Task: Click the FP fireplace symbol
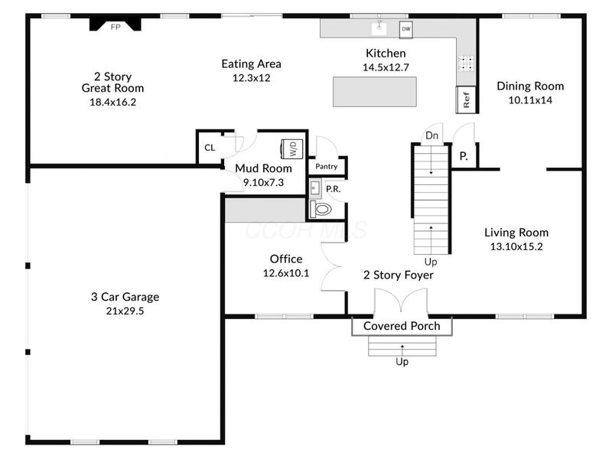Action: pyautogui.click(x=116, y=24)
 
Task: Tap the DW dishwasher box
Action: pyautogui.click(x=406, y=29)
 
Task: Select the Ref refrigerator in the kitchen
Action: pyautogui.click(x=466, y=99)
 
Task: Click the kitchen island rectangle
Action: pyautogui.click(x=375, y=92)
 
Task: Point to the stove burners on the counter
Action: pyautogui.click(x=467, y=63)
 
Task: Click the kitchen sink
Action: pyautogui.click(x=379, y=28)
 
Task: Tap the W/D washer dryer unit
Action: pyautogui.click(x=292, y=148)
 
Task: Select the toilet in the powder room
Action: pyautogui.click(x=321, y=210)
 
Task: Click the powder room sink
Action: pyautogui.click(x=315, y=188)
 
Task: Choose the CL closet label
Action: pyautogui.click(x=210, y=148)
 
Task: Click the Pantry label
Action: pyautogui.click(x=327, y=166)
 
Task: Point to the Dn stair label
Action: pyautogui.click(x=431, y=135)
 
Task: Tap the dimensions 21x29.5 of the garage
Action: pyautogui.click(x=125, y=311)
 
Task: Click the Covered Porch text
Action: pyautogui.click(x=402, y=326)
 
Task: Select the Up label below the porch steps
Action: pyautogui.click(x=402, y=362)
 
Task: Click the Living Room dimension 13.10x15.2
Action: pyautogui.click(x=516, y=246)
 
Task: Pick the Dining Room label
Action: pyautogui.click(x=530, y=86)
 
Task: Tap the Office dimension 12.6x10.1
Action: pyautogui.click(x=286, y=273)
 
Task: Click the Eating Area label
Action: pyautogui.click(x=252, y=63)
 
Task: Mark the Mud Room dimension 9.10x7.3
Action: pyautogui.click(x=263, y=182)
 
